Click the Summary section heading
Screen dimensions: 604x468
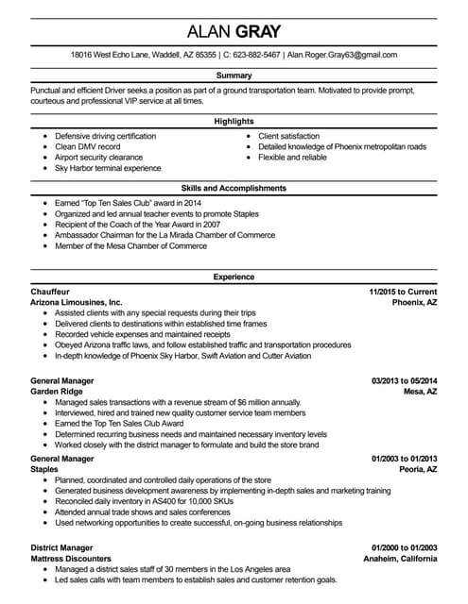pos(234,75)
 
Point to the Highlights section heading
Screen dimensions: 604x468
pos(234,122)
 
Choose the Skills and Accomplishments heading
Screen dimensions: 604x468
pos(234,189)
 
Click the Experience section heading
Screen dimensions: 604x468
pos(234,277)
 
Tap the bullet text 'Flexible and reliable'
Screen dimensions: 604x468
pos(300,158)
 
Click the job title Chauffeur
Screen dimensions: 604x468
pos(50,292)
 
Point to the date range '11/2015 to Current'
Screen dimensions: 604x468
pos(403,292)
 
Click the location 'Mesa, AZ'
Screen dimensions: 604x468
pos(419,391)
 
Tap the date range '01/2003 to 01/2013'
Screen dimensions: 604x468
pos(403,458)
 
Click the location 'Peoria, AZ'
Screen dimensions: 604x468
pos(416,469)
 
